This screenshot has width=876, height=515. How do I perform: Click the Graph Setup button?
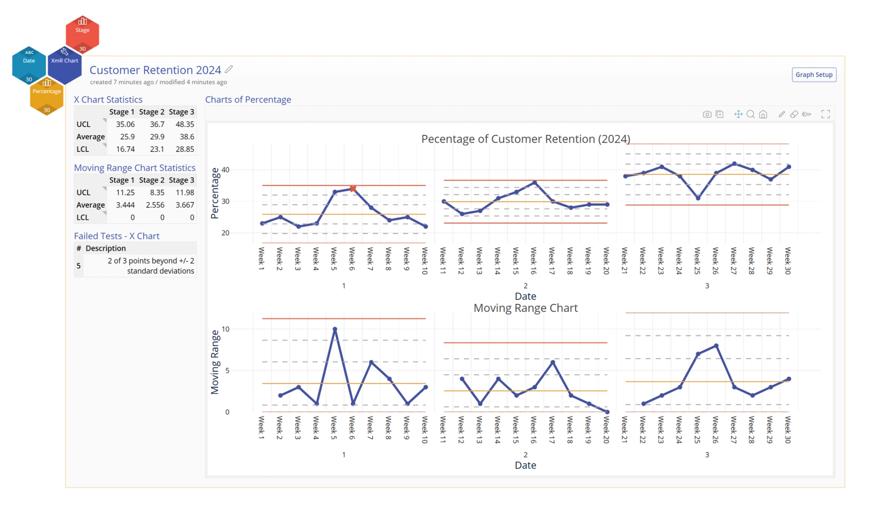pos(814,75)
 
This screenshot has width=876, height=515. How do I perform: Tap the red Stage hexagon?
pos(82,32)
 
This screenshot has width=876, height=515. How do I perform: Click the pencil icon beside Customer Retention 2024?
pos(229,69)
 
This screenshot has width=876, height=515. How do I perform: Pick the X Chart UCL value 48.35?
pos(184,125)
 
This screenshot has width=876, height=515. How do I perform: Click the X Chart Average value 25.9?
pos(127,137)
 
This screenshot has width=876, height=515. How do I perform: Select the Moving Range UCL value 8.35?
pos(156,193)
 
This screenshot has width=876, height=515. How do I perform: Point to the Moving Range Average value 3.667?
pos(184,205)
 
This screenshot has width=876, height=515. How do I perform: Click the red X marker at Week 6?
pos(352,189)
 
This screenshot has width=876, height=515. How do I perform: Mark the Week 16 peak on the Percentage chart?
pos(535,183)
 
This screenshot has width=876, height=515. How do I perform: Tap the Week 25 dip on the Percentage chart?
pos(698,198)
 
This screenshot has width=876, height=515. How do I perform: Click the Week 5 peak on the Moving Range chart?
pos(335,329)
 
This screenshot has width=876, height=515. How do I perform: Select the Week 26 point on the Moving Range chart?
pos(716,346)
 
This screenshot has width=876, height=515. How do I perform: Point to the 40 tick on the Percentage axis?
pos(225,170)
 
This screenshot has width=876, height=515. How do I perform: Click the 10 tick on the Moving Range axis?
pos(225,329)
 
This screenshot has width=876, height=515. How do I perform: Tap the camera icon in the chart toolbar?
pos(707,114)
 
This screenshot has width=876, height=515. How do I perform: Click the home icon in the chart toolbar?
pos(763,114)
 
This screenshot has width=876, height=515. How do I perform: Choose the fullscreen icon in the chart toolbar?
pos(826,114)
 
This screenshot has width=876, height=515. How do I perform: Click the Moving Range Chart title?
pos(526,308)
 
